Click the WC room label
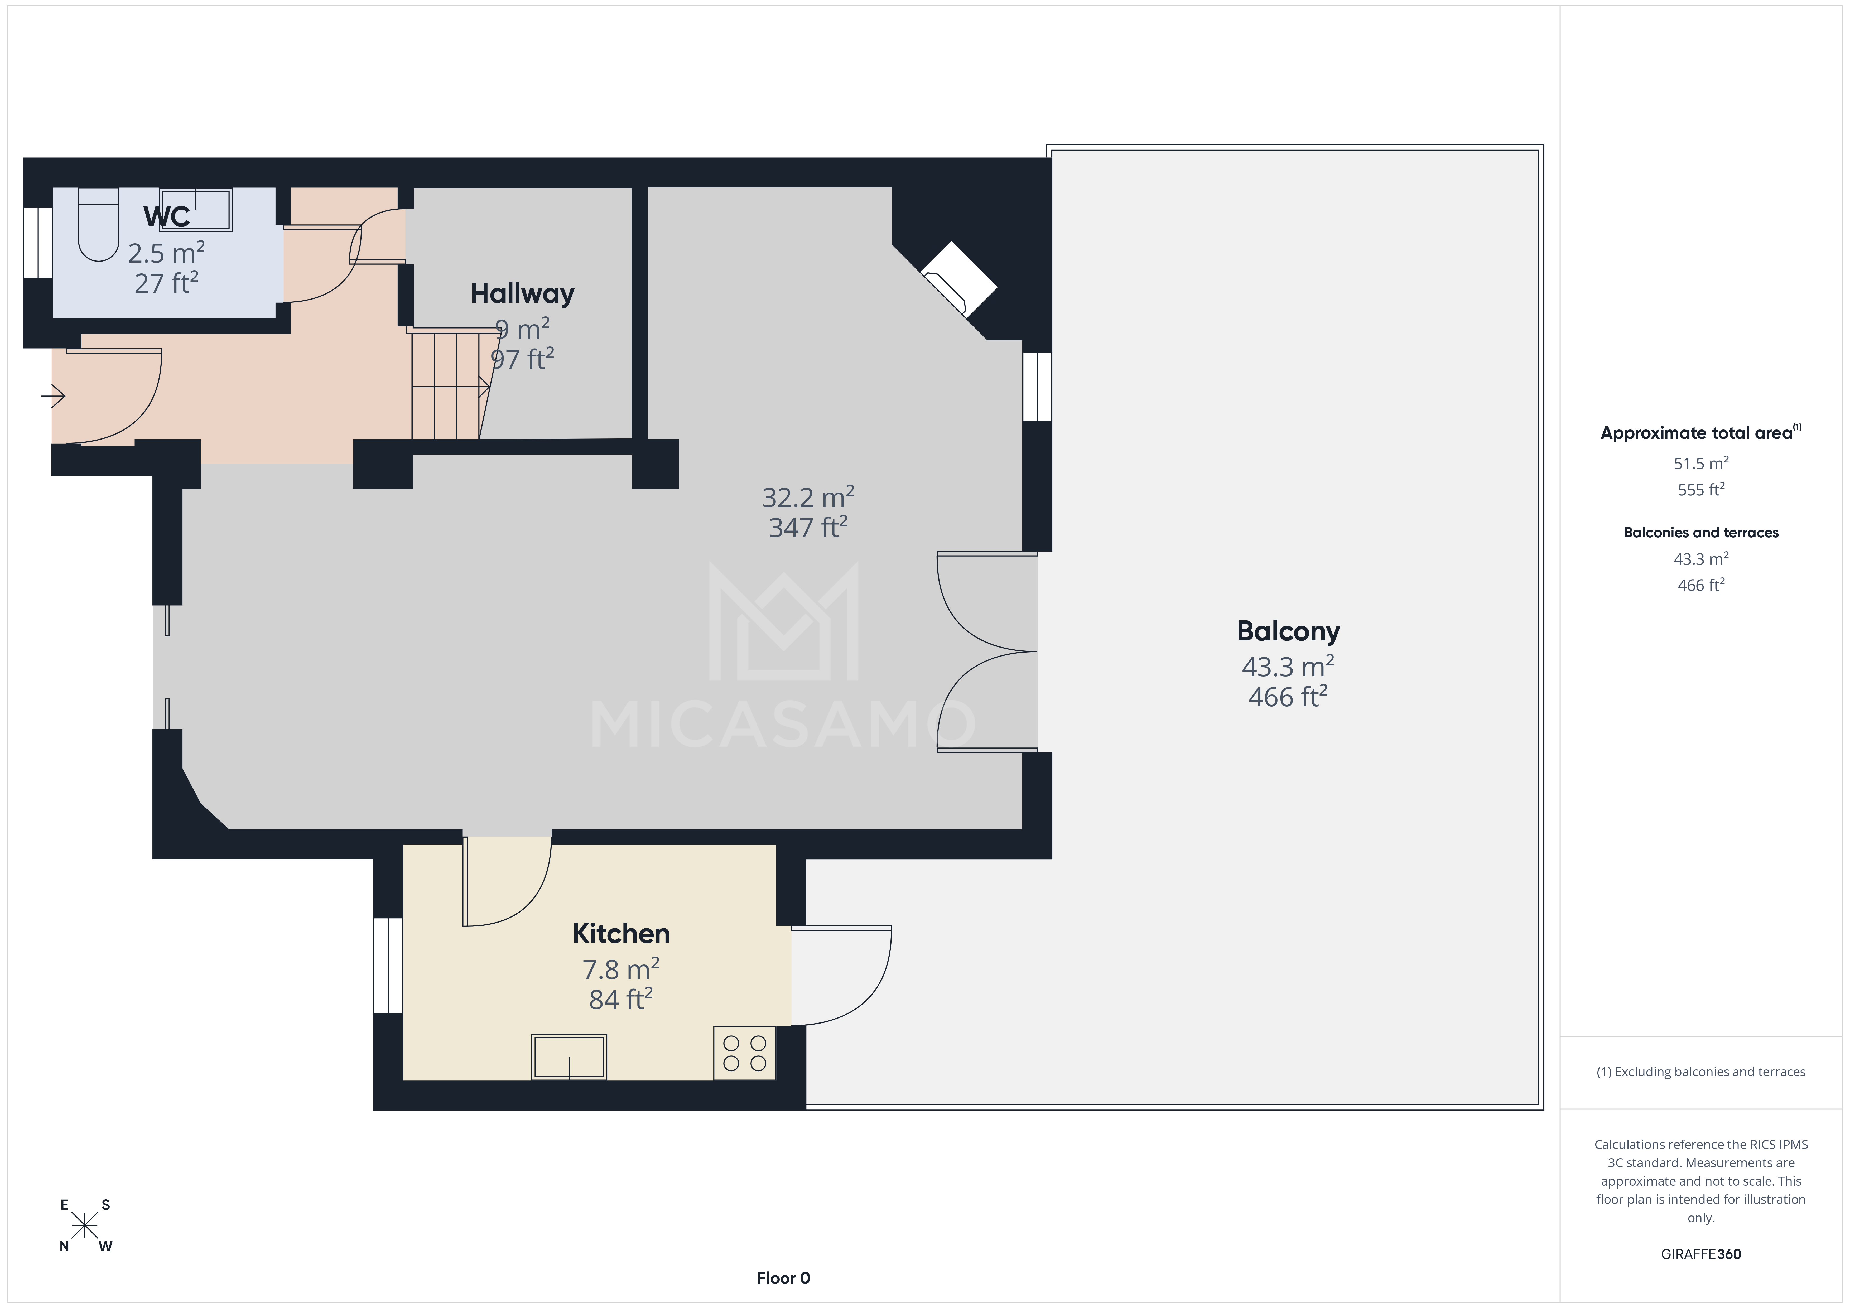(x=167, y=217)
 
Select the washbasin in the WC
(x=196, y=210)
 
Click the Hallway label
(x=522, y=293)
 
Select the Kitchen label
(x=620, y=933)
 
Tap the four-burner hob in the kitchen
(x=745, y=1053)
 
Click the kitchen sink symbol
(x=569, y=1056)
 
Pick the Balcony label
(x=1288, y=631)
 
